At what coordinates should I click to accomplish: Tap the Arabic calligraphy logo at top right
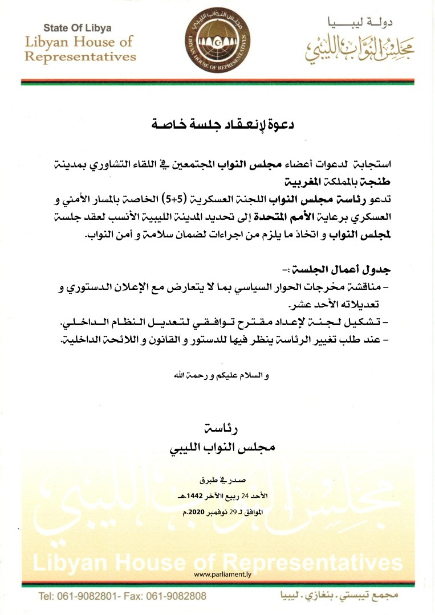pos(358,52)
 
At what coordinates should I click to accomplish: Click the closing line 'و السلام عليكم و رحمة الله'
pos(219,376)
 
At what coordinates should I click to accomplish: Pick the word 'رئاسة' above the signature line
pos(219,426)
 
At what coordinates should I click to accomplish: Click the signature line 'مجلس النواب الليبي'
pos(219,447)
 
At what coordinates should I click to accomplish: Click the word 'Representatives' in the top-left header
pos(80,56)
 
